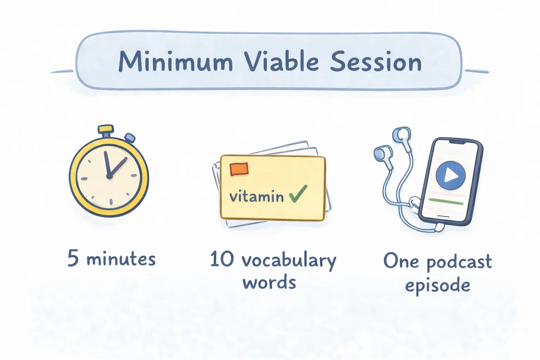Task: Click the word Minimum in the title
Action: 176,62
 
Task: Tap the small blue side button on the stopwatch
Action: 130,138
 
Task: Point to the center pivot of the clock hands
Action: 109,176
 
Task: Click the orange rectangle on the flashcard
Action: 239,169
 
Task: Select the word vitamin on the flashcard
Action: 256,196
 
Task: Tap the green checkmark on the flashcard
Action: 298,194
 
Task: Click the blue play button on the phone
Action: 450,175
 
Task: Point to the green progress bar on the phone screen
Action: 446,201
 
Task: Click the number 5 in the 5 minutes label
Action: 73,258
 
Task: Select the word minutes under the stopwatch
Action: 121,259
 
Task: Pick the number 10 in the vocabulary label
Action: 221,259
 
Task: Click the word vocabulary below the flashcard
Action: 289,261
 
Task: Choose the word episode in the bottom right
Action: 437,285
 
